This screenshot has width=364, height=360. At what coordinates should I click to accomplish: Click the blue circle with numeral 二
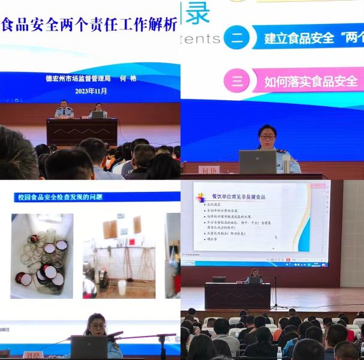pos(237,37)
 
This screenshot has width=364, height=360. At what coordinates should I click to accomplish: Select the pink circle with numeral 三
pos(237,80)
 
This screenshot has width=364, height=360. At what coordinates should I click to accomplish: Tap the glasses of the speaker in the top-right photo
pos(267,137)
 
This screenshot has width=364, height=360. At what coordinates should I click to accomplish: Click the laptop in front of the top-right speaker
pos(257,161)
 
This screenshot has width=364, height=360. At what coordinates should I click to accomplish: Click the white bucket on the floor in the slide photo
pos(122,287)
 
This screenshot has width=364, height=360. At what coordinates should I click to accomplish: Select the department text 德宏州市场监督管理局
pos(78,78)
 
